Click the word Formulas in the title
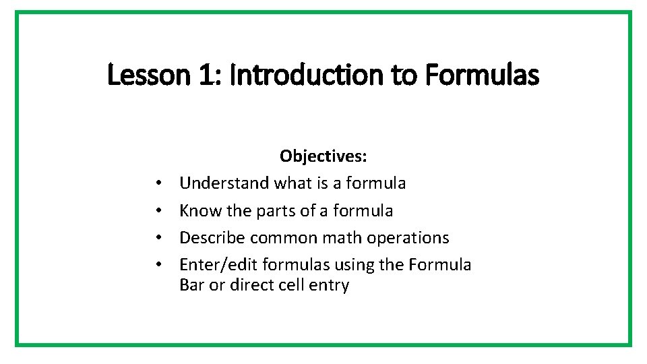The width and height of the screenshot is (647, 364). (482, 75)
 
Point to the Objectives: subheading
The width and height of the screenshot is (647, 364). (323, 156)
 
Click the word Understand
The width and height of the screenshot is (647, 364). (225, 183)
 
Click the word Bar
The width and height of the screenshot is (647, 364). (192, 285)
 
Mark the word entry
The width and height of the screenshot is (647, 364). (330, 285)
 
